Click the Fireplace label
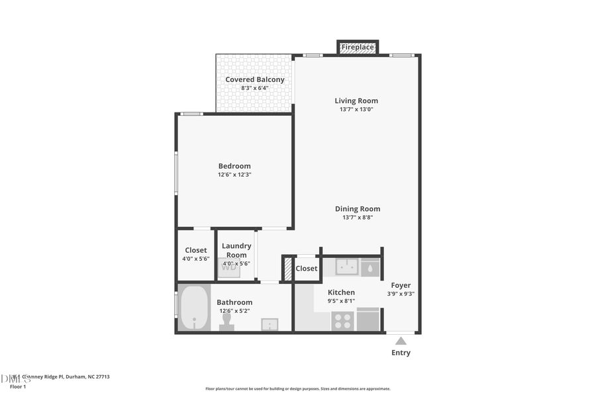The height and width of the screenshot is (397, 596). point(358,48)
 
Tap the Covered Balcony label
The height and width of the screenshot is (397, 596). point(255,79)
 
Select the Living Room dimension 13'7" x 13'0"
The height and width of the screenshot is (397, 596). point(356,109)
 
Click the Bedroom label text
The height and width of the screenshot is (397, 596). point(234,166)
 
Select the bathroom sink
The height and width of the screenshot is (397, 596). point(270,324)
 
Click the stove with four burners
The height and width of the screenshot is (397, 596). point(342,321)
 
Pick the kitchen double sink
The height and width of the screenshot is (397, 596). point(347,267)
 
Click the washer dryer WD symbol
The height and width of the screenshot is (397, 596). point(228,267)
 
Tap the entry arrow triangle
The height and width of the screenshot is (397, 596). point(401,341)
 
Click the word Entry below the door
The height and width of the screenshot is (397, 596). point(401,353)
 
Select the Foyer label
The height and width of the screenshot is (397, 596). point(400,285)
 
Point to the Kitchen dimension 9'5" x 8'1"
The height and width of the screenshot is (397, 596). point(342,301)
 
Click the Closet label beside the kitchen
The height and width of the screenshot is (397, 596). point(307,269)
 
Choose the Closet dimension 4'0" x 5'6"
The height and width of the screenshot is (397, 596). point(195,259)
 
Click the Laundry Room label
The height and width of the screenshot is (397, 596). point(236,250)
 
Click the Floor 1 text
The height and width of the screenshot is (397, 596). point(17,386)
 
